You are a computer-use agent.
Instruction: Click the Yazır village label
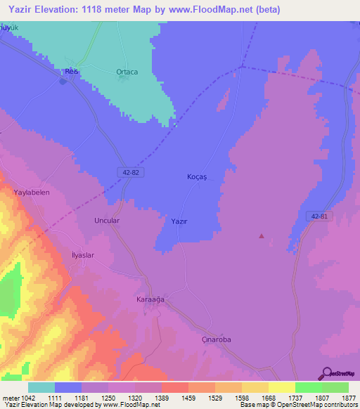point(179,221)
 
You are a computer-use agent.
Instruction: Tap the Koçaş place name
point(197,177)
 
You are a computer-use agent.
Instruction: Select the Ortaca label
point(127,72)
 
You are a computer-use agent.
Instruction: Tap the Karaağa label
point(150,299)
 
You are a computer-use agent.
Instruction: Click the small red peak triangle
point(262,236)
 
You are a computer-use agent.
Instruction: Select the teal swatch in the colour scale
point(41,387)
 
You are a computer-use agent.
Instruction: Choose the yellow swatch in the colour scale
point(281,387)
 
